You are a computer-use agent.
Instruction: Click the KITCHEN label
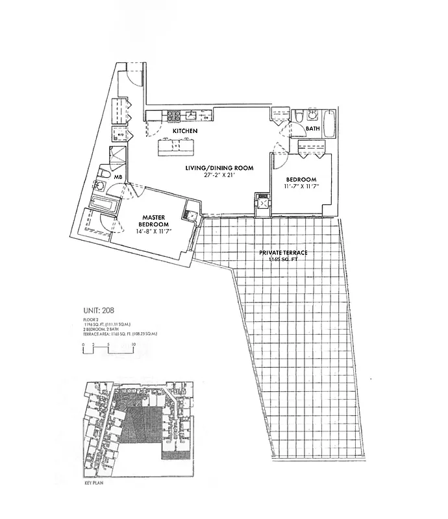tap(184, 132)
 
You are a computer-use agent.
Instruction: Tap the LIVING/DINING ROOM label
tap(219, 168)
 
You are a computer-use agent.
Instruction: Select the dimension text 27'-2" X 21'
tap(219, 175)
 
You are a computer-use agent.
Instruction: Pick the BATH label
tap(313, 129)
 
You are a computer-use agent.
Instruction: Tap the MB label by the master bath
tap(118, 176)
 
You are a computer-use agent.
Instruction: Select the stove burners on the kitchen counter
tap(174, 117)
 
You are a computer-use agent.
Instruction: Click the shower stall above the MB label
tap(118, 158)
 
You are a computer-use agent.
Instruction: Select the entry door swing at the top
tap(134, 73)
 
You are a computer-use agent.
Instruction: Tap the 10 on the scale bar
tap(133, 344)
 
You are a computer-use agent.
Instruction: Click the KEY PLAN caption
tap(94, 483)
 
